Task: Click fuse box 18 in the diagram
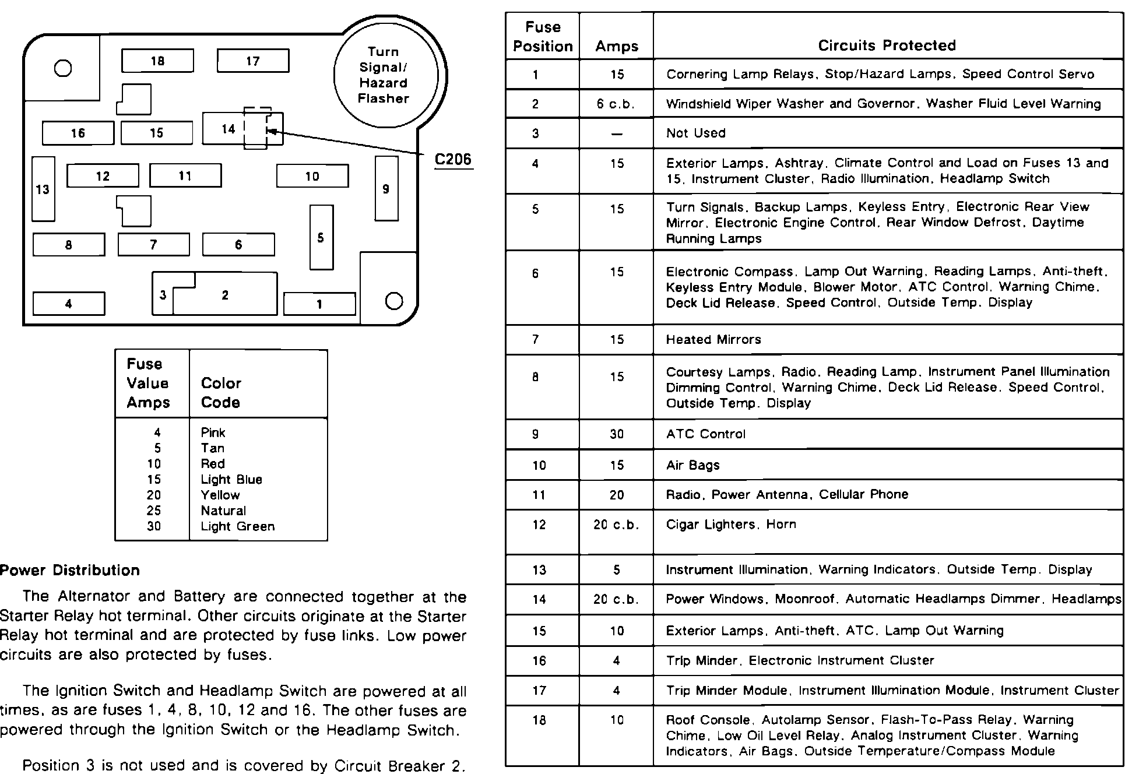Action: click(x=157, y=61)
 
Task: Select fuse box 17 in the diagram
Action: click(x=252, y=61)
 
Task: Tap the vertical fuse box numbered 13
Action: click(x=43, y=189)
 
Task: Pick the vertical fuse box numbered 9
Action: click(x=386, y=188)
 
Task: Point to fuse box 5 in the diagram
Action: click(x=321, y=237)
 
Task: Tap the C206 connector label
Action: click(x=453, y=160)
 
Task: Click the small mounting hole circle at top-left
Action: click(x=63, y=69)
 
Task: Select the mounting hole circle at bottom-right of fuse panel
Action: click(x=395, y=301)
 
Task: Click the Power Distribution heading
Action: click(x=70, y=570)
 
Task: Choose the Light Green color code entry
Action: click(x=237, y=526)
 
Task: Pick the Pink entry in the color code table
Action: click(x=213, y=432)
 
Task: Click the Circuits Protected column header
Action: click(x=887, y=45)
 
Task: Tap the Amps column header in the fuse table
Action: click(x=617, y=47)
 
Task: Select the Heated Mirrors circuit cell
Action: click(x=713, y=340)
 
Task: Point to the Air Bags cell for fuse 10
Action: click(x=692, y=465)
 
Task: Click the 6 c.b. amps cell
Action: click(x=616, y=104)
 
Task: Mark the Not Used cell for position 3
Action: click(x=695, y=133)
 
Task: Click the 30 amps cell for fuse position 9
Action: click(x=617, y=434)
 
